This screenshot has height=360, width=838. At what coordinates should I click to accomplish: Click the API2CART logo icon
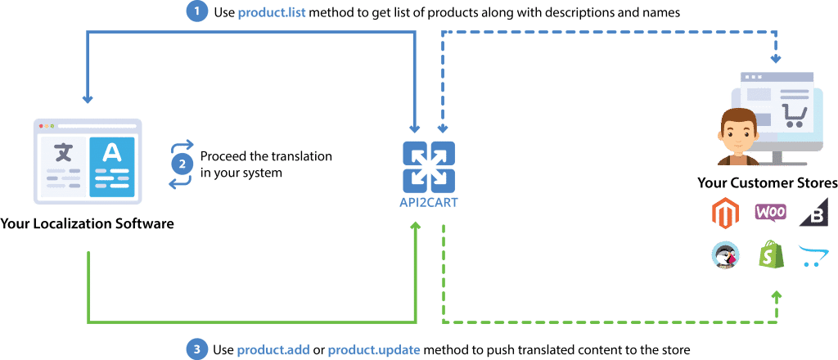pos(428,166)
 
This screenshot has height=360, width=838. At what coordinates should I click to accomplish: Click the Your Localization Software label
pos(88,223)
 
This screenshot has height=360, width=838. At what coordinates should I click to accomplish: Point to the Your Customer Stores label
pos(766,182)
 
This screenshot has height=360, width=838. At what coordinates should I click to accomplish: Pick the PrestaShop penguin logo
pos(725,254)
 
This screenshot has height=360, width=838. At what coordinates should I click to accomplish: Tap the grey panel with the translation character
pos(63,162)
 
